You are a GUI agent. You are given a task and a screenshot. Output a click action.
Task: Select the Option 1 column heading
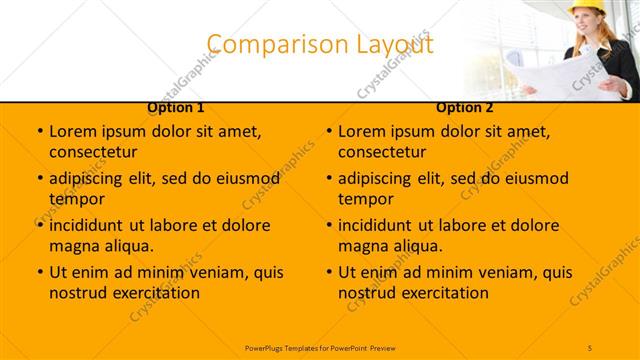[x=176, y=108]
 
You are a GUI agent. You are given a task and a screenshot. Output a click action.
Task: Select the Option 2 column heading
[x=465, y=108]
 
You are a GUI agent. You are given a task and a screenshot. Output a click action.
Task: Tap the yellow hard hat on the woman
[x=584, y=8]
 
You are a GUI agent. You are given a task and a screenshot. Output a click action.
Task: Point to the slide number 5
[x=591, y=347]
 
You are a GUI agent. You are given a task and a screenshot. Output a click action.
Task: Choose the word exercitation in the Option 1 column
[x=151, y=293]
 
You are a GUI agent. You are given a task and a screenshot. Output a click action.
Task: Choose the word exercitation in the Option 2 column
[x=440, y=293]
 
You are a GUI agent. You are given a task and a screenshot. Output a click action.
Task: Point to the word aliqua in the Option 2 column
[x=418, y=246]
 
